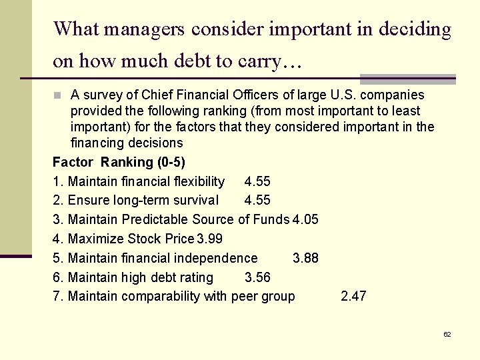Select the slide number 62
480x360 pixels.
click(x=447, y=334)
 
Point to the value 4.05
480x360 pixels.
click(x=305, y=219)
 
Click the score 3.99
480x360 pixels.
click(x=209, y=239)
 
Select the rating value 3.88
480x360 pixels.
click(x=305, y=258)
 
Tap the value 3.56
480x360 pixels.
click(x=258, y=277)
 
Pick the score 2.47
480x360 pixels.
click(x=353, y=297)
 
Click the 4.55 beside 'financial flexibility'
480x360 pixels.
click(x=258, y=181)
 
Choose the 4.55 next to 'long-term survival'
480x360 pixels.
click(x=258, y=201)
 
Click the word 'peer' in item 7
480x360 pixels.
click(x=245, y=297)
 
